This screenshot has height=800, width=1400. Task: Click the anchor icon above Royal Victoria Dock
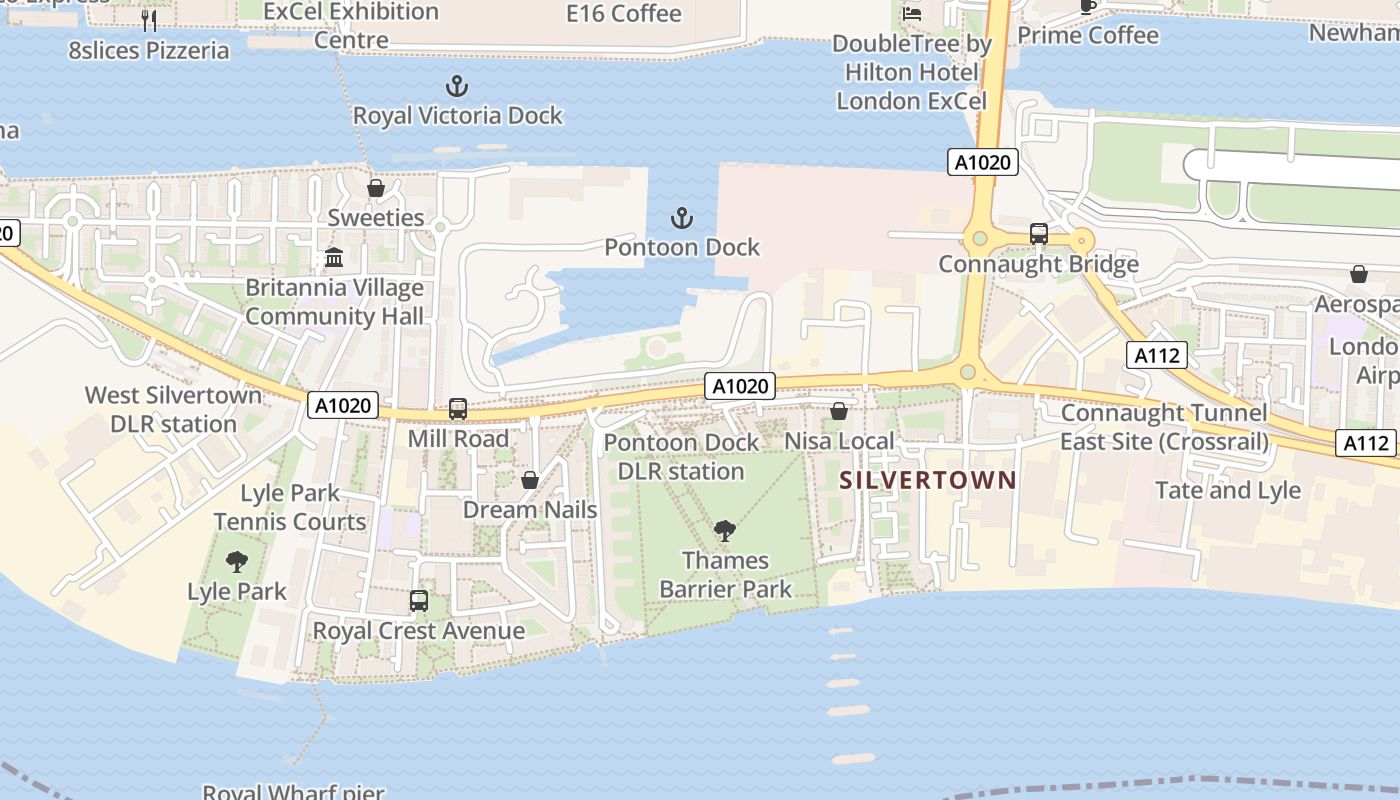point(457,86)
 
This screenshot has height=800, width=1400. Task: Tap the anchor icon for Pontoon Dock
point(682,218)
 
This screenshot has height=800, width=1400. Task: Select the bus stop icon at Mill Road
point(458,408)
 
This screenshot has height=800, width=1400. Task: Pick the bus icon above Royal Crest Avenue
point(419,601)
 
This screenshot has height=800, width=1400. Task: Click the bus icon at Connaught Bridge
point(1039,234)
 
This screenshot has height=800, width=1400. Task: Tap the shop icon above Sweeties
point(376,188)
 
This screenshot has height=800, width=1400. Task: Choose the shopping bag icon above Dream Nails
point(530,481)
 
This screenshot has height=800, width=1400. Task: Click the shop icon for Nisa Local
point(839,411)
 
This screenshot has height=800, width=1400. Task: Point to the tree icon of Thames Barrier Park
point(725,531)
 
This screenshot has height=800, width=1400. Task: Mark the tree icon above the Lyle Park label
point(237,562)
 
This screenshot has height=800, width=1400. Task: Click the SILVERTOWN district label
point(927,480)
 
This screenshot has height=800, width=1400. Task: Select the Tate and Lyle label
point(1228,490)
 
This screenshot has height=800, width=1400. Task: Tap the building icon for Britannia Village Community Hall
point(334,258)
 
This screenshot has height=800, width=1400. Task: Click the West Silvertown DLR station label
point(160,409)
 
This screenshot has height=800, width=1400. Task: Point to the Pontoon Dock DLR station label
point(681,456)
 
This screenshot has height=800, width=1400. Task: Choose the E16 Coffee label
point(624,14)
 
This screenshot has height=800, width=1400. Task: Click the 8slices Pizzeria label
point(149,50)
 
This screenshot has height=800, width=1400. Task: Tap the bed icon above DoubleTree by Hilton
point(912,14)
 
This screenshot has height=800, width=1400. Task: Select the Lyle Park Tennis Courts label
point(290,507)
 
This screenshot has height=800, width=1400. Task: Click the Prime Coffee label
point(1088,35)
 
